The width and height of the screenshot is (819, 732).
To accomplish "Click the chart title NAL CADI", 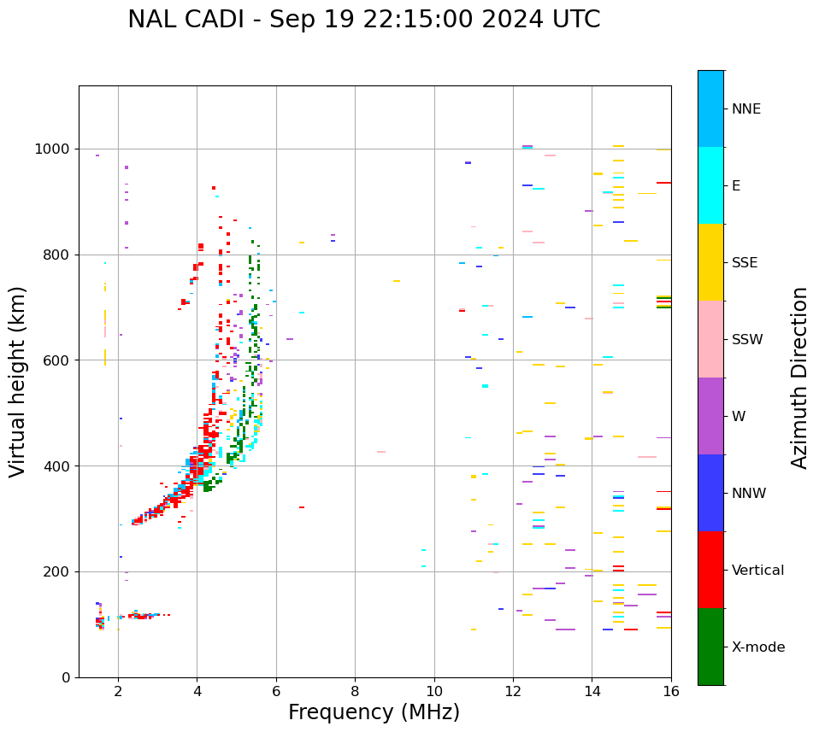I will [x=363, y=20].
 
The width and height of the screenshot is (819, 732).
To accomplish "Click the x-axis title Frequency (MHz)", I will [x=374, y=712].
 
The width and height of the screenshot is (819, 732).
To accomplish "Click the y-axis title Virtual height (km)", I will [x=18, y=382].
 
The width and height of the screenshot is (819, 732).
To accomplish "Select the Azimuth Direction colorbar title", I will [x=799, y=378].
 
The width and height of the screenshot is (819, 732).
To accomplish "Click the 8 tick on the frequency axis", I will [x=355, y=690].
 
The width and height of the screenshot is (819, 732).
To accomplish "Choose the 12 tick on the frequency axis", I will [x=513, y=690].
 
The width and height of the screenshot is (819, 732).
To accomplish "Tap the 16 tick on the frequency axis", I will [x=671, y=690].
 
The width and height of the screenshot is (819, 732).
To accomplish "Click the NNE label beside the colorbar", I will [x=746, y=109].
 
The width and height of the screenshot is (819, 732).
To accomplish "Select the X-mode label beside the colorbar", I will [x=758, y=647].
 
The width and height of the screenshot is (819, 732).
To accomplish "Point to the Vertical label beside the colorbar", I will [x=757, y=571].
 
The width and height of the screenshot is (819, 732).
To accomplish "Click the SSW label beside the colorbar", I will [x=747, y=340].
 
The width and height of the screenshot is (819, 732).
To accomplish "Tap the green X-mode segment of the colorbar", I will [x=710, y=647].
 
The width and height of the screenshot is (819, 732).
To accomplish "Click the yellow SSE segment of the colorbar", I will [x=710, y=262].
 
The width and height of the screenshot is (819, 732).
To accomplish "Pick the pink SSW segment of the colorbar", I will [x=710, y=339].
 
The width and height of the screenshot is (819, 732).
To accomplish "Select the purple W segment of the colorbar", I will [x=710, y=416].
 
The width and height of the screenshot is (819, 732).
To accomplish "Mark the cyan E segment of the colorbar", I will [x=710, y=185].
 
